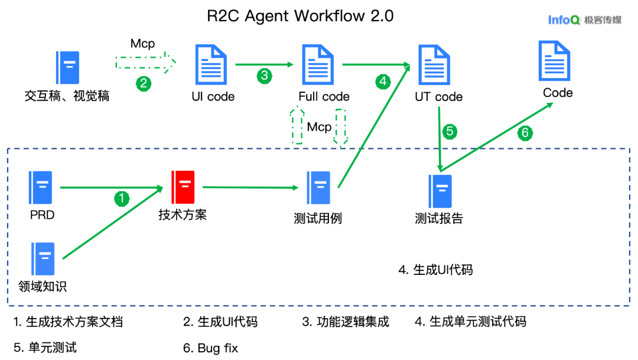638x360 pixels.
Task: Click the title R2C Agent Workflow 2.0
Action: (x=300, y=16)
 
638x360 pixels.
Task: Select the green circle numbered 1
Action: (x=122, y=199)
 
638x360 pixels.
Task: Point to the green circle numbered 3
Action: (x=264, y=75)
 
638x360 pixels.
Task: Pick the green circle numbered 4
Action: (x=383, y=82)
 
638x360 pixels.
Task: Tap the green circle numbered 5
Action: (x=450, y=131)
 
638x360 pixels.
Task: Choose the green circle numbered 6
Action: (x=525, y=133)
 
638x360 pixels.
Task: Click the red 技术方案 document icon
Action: (x=183, y=187)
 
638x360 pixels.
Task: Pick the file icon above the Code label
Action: (x=554, y=61)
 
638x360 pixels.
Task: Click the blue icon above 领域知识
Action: (x=43, y=259)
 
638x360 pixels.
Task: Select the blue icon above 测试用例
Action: (x=318, y=187)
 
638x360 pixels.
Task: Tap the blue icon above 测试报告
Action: (x=440, y=191)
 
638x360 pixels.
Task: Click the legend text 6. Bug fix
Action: (x=210, y=348)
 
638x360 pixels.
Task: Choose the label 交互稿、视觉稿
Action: (x=67, y=96)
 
